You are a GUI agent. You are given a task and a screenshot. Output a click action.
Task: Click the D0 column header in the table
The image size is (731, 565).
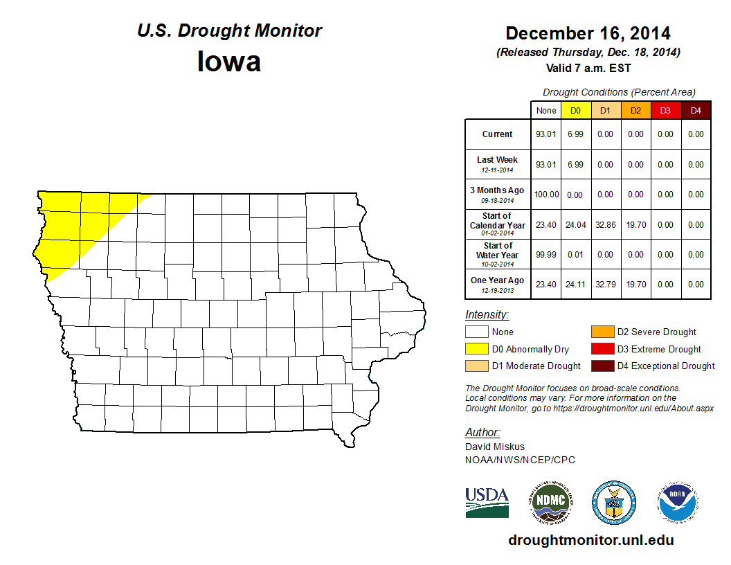click(x=576, y=111)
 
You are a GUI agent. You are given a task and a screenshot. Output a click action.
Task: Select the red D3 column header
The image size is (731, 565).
click(x=665, y=111)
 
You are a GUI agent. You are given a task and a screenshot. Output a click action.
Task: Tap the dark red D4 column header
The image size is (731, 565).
click(x=696, y=111)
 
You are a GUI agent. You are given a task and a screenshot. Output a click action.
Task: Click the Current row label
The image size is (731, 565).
click(x=498, y=134)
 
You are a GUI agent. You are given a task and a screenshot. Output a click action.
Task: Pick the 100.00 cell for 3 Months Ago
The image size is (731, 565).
click(x=546, y=195)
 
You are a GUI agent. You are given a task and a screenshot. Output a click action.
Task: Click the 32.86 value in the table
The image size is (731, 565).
click(x=606, y=225)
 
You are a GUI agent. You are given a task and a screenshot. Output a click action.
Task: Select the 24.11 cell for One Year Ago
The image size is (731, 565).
click(x=576, y=285)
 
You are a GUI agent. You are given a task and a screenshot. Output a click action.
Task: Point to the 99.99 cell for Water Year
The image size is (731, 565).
click(x=546, y=255)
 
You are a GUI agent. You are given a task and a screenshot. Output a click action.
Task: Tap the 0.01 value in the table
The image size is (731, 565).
click(x=576, y=255)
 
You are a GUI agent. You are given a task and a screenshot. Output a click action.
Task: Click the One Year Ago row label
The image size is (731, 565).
click(x=498, y=280)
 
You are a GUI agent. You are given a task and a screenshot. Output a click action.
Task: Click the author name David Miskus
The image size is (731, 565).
click(x=495, y=447)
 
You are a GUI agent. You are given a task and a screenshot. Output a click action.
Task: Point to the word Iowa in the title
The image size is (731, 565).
click(x=229, y=62)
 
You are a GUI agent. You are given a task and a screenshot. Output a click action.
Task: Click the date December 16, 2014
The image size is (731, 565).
click(x=588, y=33)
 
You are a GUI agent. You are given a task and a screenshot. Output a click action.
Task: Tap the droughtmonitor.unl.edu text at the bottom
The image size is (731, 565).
click(x=590, y=540)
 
